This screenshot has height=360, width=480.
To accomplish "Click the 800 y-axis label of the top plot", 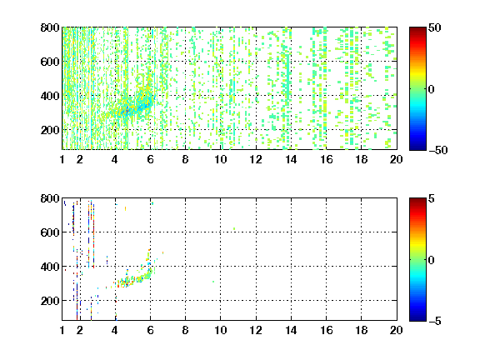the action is (x=50, y=27).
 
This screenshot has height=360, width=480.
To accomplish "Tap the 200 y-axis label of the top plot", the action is (x=50, y=130).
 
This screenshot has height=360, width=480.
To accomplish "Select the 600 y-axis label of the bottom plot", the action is (x=50, y=232).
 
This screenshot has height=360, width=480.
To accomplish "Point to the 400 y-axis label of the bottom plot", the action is (x=50, y=267).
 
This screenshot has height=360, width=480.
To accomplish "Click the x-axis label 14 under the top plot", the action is (x=291, y=159).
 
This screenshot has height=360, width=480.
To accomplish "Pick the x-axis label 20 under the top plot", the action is (x=396, y=159).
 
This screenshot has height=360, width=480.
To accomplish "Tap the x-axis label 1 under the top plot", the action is (x=62, y=159).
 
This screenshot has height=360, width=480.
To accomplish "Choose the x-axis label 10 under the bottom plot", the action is (x=220, y=330).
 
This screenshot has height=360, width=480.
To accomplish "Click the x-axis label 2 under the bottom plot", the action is (x=80, y=330).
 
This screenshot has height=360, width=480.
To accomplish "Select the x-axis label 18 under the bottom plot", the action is (x=361, y=330).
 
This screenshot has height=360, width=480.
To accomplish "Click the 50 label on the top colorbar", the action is (x=435, y=27).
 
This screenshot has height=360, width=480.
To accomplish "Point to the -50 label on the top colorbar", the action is (x=438, y=150).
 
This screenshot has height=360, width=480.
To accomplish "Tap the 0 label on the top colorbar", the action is (x=432, y=89).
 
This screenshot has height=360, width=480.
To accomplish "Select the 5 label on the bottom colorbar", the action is (x=432, y=198).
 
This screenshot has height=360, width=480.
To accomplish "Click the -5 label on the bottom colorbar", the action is (x=435, y=321).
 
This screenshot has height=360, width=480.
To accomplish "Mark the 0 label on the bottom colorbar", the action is (x=432, y=260).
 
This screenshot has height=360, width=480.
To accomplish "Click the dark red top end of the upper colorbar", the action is (x=417, y=29).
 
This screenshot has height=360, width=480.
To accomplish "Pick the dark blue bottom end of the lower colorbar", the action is (x=417, y=318).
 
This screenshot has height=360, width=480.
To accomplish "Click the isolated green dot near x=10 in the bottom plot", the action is (x=213, y=282).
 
